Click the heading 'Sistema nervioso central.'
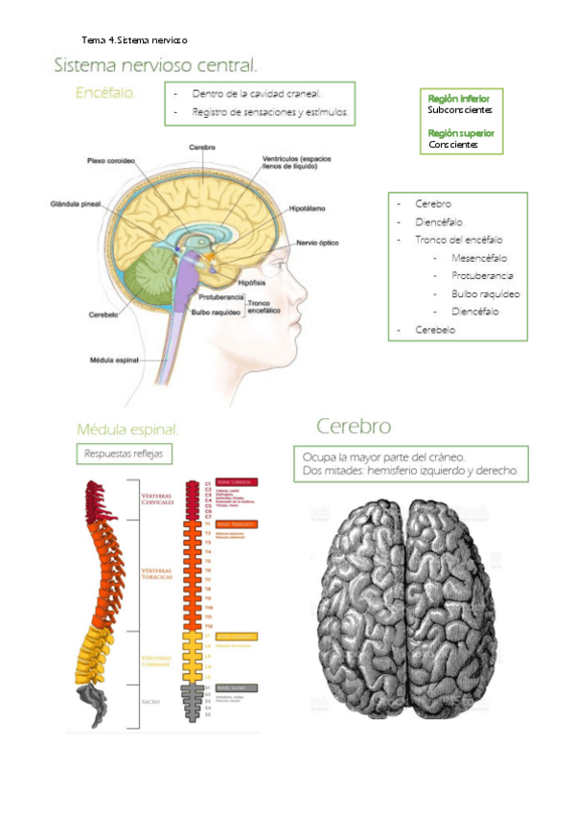coord(155,66)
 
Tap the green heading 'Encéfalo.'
coord(105,93)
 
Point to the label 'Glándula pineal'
coord(76,203)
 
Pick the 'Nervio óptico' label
coord(317,243)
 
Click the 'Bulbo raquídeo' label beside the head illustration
coord(214,312)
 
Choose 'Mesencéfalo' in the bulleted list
coord(479,259)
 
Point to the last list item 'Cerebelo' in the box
coord(435,330)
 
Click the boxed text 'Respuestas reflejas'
coord(125,453)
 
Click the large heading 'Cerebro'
coord(354,425)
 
